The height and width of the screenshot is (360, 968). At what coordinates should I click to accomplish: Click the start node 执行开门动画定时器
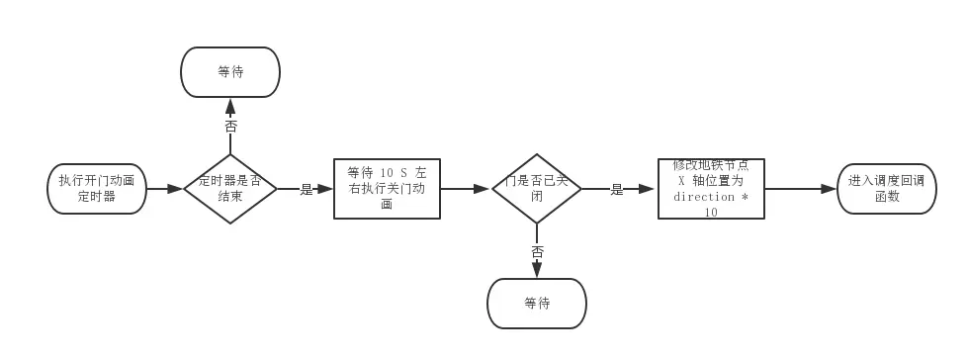(x=97, y=188)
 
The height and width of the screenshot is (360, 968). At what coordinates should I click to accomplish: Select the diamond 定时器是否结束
(x=230, y=188)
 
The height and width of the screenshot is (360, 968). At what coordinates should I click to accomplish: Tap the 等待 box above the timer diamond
(x=230, y=72)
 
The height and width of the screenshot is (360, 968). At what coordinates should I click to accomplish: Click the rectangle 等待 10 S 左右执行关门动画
(x=387, y=188)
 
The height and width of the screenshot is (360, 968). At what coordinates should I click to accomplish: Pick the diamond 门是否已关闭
(x=537, y=188)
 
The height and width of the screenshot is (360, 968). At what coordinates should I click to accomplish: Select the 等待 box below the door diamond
(x=537, y=304)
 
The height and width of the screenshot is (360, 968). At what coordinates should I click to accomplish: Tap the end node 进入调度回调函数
(x=886, y=188)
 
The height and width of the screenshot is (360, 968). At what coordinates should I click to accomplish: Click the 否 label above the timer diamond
(x=230, y=127)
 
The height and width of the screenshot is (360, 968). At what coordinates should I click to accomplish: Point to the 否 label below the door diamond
(x=537, y=252)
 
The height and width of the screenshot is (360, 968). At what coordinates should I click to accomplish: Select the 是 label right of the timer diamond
(x=306, y=189)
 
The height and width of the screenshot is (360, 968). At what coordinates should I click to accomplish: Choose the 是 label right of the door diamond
(x=617, y=189)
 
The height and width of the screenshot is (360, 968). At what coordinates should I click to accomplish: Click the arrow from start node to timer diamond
(x=165, y=188)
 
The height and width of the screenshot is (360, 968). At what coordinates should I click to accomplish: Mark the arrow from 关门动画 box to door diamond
(x=466, y=188)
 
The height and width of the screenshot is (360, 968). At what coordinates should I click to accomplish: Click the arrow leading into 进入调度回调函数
(x=801, y=188)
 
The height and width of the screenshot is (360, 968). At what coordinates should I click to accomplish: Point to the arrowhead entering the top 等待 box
(x=230, y=105)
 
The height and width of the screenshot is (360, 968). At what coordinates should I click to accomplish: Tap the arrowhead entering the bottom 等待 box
(x=537, y=271)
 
